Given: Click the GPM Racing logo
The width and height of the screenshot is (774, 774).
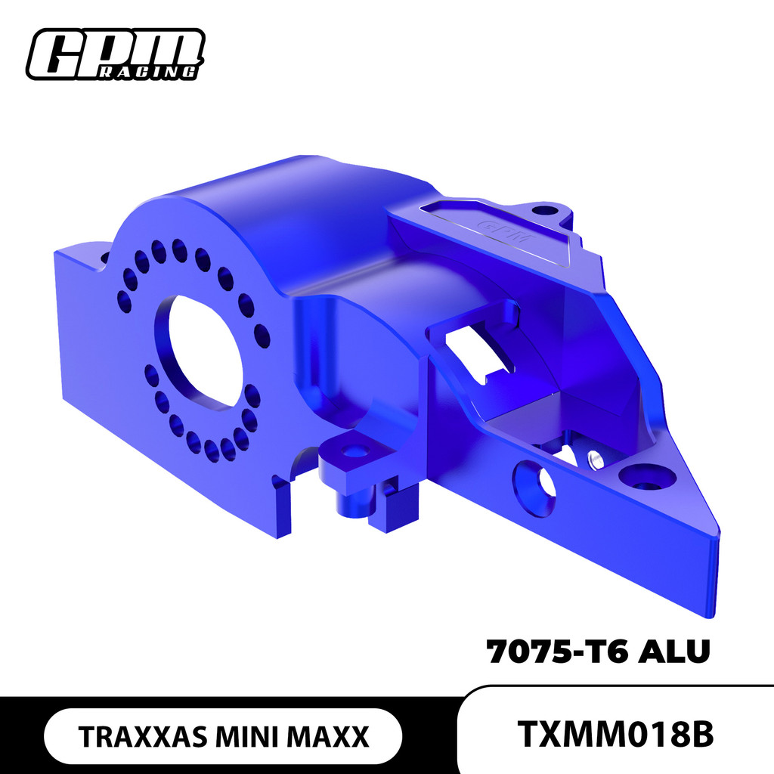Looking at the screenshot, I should click(115, 54).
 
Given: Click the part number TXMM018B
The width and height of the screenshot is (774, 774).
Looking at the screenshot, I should click(616, 734).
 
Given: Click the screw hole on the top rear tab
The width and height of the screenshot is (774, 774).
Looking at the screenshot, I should click(544, 209).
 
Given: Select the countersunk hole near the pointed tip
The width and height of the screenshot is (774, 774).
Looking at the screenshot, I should click(644, 478).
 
